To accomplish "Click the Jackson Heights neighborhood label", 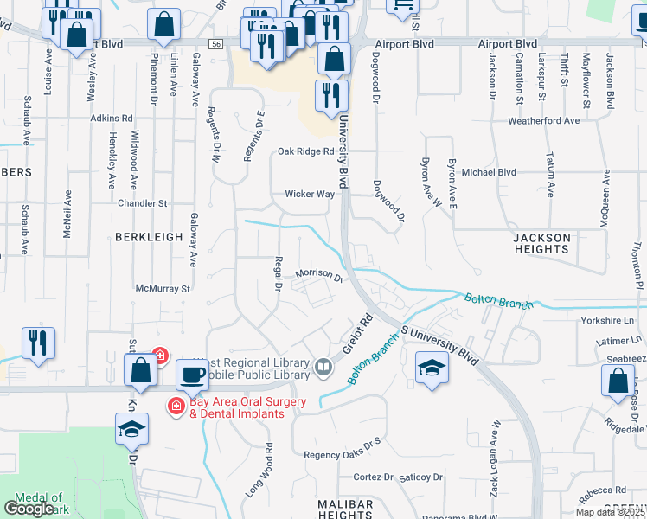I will coord(541,243).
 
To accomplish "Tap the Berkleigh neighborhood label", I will coord(150,236).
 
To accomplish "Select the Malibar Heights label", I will coord(332,509).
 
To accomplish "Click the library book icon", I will coord(323,368).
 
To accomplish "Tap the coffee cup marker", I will coord(191,375).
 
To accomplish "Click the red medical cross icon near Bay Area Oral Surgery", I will coord(176,405).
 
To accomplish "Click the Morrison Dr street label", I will coord(320,275).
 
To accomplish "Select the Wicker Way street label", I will coord(310,195).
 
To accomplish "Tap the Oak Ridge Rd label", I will coord(305,151).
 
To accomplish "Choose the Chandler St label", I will coord(143,203).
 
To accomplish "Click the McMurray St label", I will coord(163,288).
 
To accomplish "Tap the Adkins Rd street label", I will coord(112,118).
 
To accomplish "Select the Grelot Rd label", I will coord(356,333).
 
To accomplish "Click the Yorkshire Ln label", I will coord(609,318).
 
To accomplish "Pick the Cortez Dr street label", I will coord(374,477).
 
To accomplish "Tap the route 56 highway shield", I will coord(216,44).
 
